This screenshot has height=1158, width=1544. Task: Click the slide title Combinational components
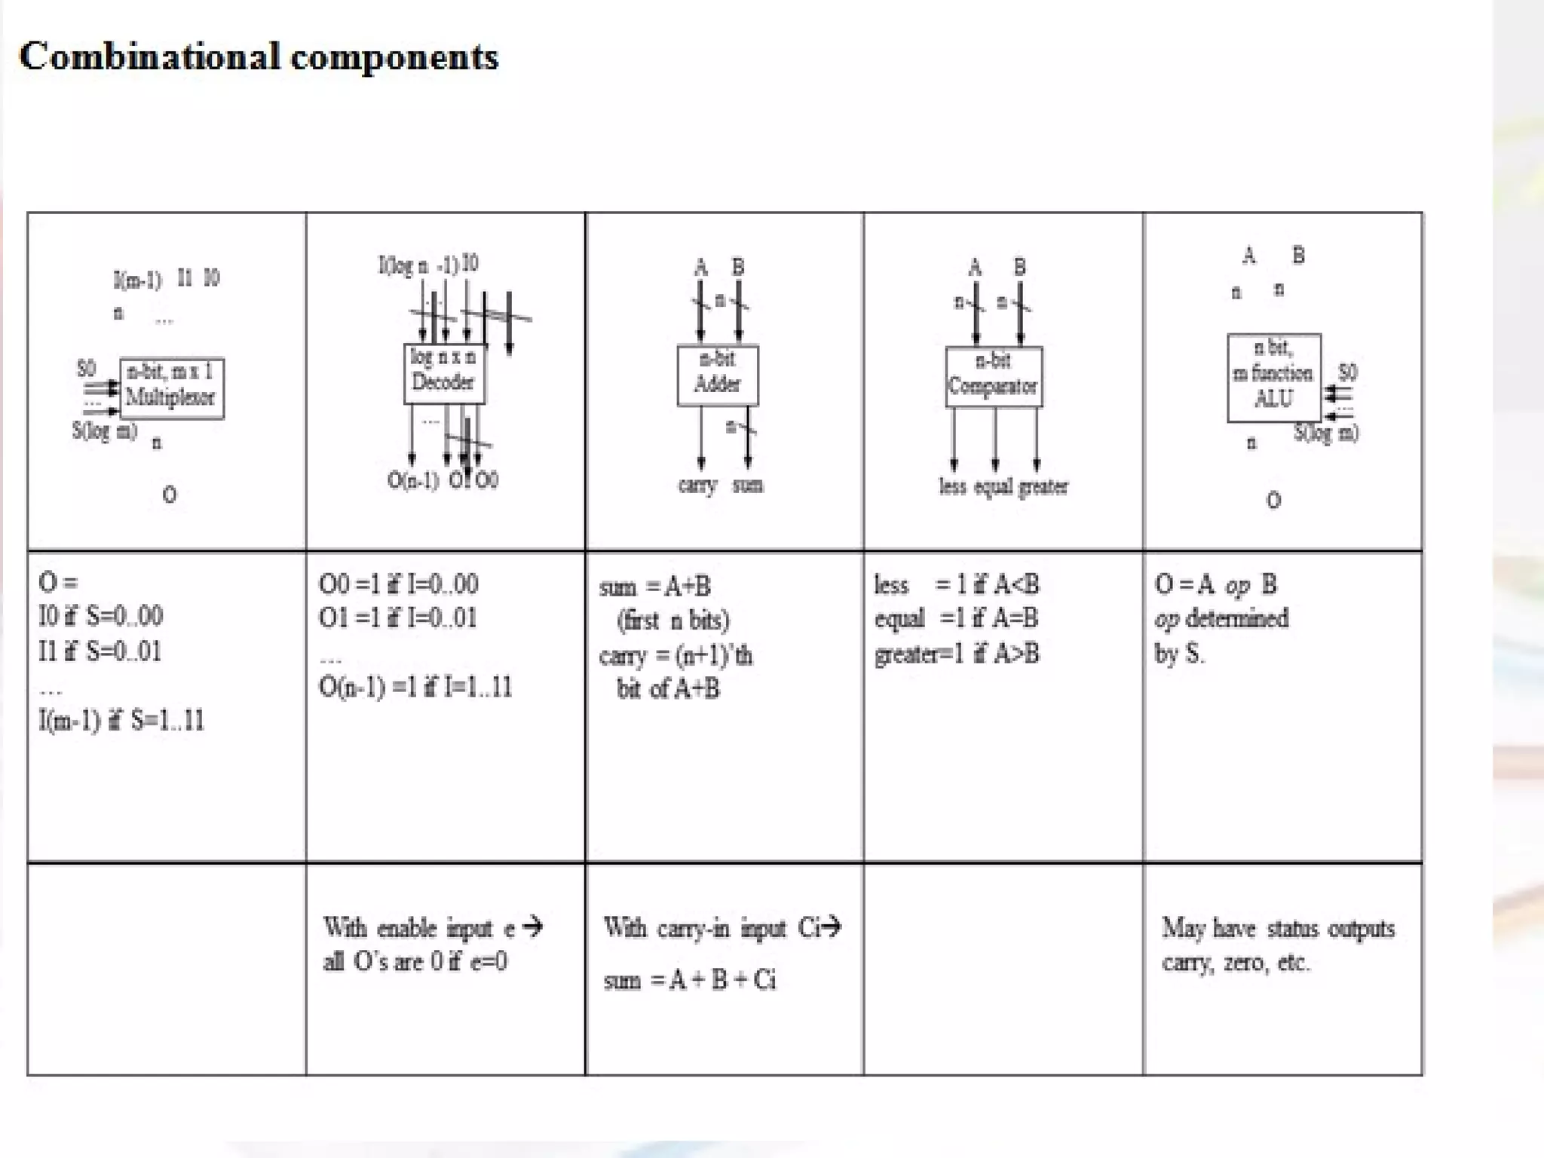[x=259, y=57]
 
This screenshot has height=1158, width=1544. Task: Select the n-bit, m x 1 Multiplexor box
[x=171, y=388]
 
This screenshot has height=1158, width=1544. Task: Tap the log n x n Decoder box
[x=443, y=374]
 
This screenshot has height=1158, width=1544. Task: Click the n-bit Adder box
[x=717, y=375]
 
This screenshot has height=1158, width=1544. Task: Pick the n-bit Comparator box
[x=994, y=376]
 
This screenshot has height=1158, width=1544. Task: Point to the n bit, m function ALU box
[x=1273, y=377]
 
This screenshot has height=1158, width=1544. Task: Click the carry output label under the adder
[x=697, y=485]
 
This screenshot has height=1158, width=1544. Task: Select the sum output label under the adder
[x=747, y=485]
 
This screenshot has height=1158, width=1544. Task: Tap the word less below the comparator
[x=952, y=487]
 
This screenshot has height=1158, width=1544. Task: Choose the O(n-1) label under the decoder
[x=412, y=480]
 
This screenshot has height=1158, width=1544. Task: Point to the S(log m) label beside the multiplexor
[x=105, y=431]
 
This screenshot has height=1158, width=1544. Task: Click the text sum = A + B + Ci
[x=689, y=980]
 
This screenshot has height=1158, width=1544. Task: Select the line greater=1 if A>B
[x=957, y=654]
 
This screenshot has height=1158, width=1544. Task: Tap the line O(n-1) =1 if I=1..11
[x=415, y=687]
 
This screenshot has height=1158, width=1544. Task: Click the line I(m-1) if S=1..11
[x=121, y=721]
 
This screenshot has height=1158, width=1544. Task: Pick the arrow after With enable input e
[x=532, y=927]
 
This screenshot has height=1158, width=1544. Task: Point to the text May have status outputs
[x=1278, y=928]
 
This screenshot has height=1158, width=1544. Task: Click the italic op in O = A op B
[x=1237, y=586]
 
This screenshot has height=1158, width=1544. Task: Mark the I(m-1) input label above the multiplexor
[x=137, y=280]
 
